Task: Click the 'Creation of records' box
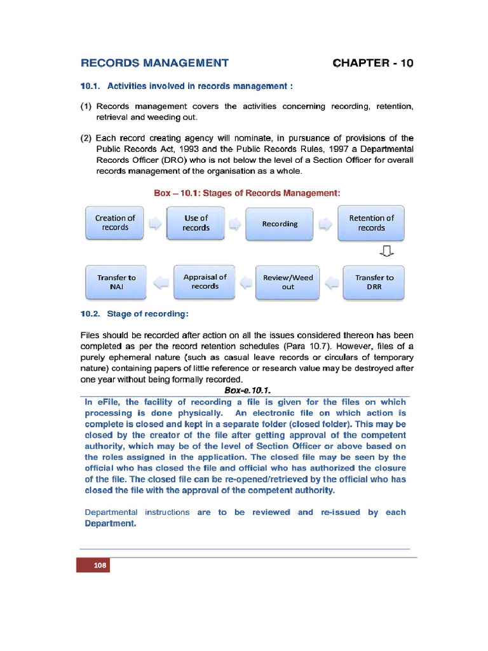click(115, 223)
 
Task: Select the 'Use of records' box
click(196, 223)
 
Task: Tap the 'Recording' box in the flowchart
click(280, 224)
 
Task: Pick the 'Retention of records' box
click(371, 223)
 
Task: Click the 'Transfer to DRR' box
click(374, 282)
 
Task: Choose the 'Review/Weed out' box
click(288, 282)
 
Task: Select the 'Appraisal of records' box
click(205, 282)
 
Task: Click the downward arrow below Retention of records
click(386, 252)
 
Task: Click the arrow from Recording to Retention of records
click(325, 224)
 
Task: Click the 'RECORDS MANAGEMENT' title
click(154, 63)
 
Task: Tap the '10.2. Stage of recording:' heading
click(134, 313)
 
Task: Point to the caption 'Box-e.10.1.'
click(248, 390)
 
